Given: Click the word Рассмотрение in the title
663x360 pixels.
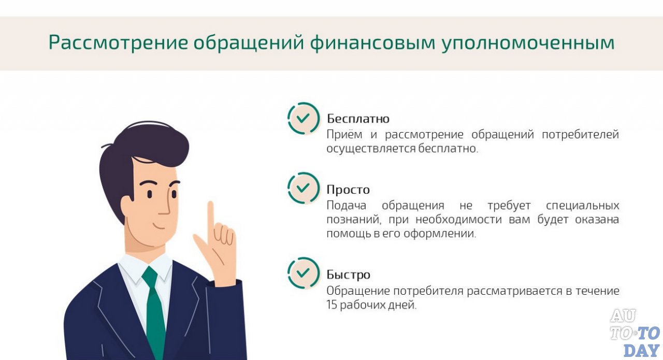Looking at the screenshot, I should tap(118, 43).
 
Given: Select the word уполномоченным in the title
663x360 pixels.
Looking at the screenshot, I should tap(528, 43).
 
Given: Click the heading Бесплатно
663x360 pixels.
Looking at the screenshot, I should tap(358, 119).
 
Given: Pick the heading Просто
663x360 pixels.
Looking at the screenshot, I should tap(348, 190).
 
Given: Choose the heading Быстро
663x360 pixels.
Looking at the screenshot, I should tap(348, 275).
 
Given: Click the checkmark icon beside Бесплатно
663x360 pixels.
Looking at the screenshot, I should tap(304, 118).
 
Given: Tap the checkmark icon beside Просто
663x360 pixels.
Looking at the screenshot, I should tap(304, 188).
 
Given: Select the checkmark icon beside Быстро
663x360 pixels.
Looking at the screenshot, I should tap(304, 273).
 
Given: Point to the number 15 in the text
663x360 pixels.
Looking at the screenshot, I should tap(332, 305).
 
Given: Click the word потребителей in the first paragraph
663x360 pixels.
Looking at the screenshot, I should tap(580, 135).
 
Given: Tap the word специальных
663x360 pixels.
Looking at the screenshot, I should tap(576, 205).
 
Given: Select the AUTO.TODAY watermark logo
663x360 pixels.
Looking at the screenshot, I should tap(635, 333).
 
